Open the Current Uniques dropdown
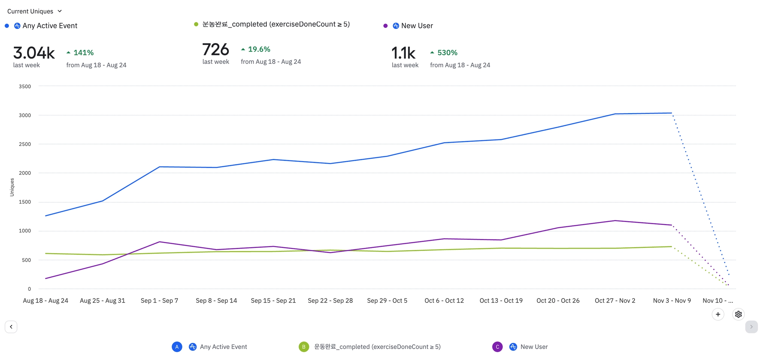tap(35, 11)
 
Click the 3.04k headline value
tap(34, 53)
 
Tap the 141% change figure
tap(83, 53)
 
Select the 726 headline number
tap(216, 50)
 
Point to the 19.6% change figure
tap(259, 49)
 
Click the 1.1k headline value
tap(403, 53)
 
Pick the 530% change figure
tap(447, 53)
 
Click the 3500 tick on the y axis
tap(25, 86)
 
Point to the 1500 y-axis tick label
tap(25, 202)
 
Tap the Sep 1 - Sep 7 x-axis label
tap(159, 301)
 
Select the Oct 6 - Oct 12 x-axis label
tap(444, 301)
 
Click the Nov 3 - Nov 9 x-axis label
tap(672, 301)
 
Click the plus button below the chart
tap(718, 314)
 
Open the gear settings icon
tap(738, 314)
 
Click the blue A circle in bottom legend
tap(177, 347)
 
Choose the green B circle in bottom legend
tap(304, 347)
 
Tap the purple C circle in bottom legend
tap(497, 347)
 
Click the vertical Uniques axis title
tap(12, 187)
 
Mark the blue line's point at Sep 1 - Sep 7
tap(159, 167)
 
